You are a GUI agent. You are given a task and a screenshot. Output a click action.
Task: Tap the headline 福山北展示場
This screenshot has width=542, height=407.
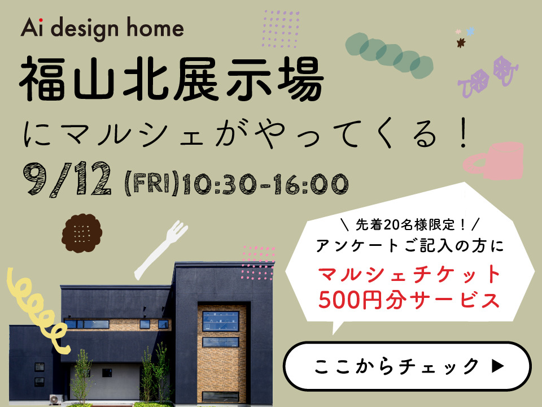point(172,80)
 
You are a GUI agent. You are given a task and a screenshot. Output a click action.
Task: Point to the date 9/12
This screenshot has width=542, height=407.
point(67,179)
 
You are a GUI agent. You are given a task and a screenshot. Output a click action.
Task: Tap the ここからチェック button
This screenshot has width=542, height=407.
point(407,366)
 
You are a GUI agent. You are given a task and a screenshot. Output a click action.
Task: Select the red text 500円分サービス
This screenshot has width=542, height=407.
point(409,300)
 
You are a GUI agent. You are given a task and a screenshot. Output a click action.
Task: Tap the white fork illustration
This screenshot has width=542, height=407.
point(160,250)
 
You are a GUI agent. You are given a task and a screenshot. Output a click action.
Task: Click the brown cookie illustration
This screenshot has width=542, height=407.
point(82,233)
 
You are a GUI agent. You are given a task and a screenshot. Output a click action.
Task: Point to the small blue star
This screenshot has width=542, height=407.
point(470,32)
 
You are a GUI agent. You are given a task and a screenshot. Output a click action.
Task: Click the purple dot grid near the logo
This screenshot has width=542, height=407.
point(281,28)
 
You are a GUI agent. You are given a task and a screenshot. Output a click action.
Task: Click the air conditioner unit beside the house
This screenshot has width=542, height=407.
point(56,400)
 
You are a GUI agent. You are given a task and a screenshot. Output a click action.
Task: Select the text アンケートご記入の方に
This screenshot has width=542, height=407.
point(410,246)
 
